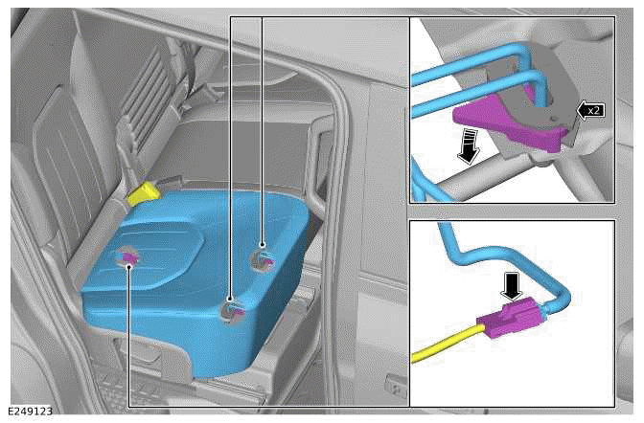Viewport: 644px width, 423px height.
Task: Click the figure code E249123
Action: point(30,412)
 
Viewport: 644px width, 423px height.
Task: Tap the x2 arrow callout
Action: point(590,110)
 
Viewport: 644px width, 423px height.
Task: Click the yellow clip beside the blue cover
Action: point(144,194)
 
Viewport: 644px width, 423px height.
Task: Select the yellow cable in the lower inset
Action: point(448,343)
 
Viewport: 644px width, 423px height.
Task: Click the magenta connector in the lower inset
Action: point(508,319)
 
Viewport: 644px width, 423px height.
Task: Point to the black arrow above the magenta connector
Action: point(511,286)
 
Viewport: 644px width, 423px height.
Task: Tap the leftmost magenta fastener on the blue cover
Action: point(129,257)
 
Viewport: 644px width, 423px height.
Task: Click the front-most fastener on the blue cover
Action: point(233,310)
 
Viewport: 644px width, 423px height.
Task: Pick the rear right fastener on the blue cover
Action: point(262,258)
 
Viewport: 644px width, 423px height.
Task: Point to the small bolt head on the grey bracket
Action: point(554,118)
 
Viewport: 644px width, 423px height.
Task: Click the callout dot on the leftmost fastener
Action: point(129,267)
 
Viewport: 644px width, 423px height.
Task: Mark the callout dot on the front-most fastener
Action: point(230,299)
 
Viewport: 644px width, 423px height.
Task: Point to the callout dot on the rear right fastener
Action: point(263,245)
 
